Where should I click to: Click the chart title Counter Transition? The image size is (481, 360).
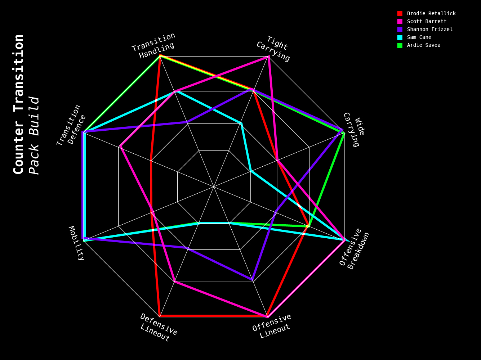tap(18, 104)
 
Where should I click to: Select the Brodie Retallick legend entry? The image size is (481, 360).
tap(431, 13)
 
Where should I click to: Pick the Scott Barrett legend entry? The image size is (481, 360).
tap(427, 21)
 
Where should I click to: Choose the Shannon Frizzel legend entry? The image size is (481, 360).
tap(430, 29)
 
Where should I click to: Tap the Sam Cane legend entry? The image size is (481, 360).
tap(419, 37)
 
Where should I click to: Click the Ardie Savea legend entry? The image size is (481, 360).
tap(424, 45)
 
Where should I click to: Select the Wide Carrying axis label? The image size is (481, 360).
tap(354, 129)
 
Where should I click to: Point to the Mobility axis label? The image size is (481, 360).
tap(77, 243)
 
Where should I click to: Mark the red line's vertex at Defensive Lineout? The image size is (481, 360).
tap(160, 316)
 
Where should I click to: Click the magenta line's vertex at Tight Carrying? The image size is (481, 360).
tap(268, 57)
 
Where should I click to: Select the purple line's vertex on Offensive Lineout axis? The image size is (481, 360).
tap(253, 280)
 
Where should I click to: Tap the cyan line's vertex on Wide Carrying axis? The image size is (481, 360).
tap(251, 171)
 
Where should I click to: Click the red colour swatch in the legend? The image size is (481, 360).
tap(400, 13)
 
